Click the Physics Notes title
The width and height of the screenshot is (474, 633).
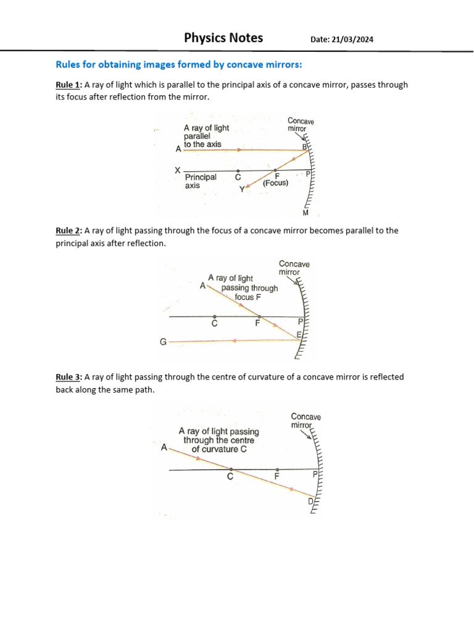click(x=223, y=38)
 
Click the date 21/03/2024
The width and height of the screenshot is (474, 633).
click(x=341, y=40)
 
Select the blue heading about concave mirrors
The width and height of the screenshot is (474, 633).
click(x=179, y=65)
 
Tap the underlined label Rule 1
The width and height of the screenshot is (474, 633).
click(x=68, y=85)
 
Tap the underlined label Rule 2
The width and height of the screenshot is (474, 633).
click(x=68, y=231)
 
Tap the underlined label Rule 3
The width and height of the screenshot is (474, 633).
click(x=68, y=376)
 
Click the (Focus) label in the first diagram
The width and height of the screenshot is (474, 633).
click(x=275, y=183)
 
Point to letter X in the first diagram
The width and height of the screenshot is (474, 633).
click(x=177, y=170)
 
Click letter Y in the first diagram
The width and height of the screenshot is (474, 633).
click(x=243, y=189)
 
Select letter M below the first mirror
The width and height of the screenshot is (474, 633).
click(x=305, y=213)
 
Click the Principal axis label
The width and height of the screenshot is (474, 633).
click(x=201, y=181)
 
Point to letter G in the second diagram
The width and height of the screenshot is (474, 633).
click(x=163, y=341)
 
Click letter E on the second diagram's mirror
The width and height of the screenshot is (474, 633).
click(x=299, y=334)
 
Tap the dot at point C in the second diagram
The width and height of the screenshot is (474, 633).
click(x=214, y=316)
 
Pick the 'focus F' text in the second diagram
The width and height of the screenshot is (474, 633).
click(x=247, y=297)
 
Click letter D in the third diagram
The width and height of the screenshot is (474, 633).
click(x=310, y=501)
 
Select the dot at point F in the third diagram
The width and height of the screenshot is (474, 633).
click(x=276, y=470)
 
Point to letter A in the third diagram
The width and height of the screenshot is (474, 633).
click(x=164, y=447)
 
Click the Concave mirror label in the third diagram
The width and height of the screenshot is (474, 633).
click(x=306, y=421)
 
